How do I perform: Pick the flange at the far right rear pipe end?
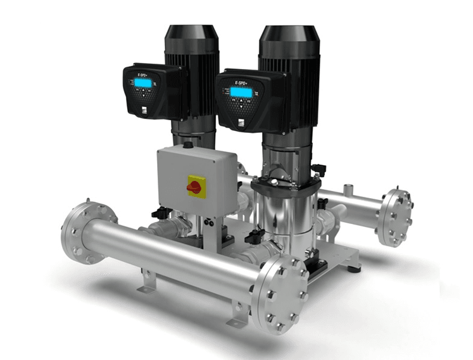point(395,216)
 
